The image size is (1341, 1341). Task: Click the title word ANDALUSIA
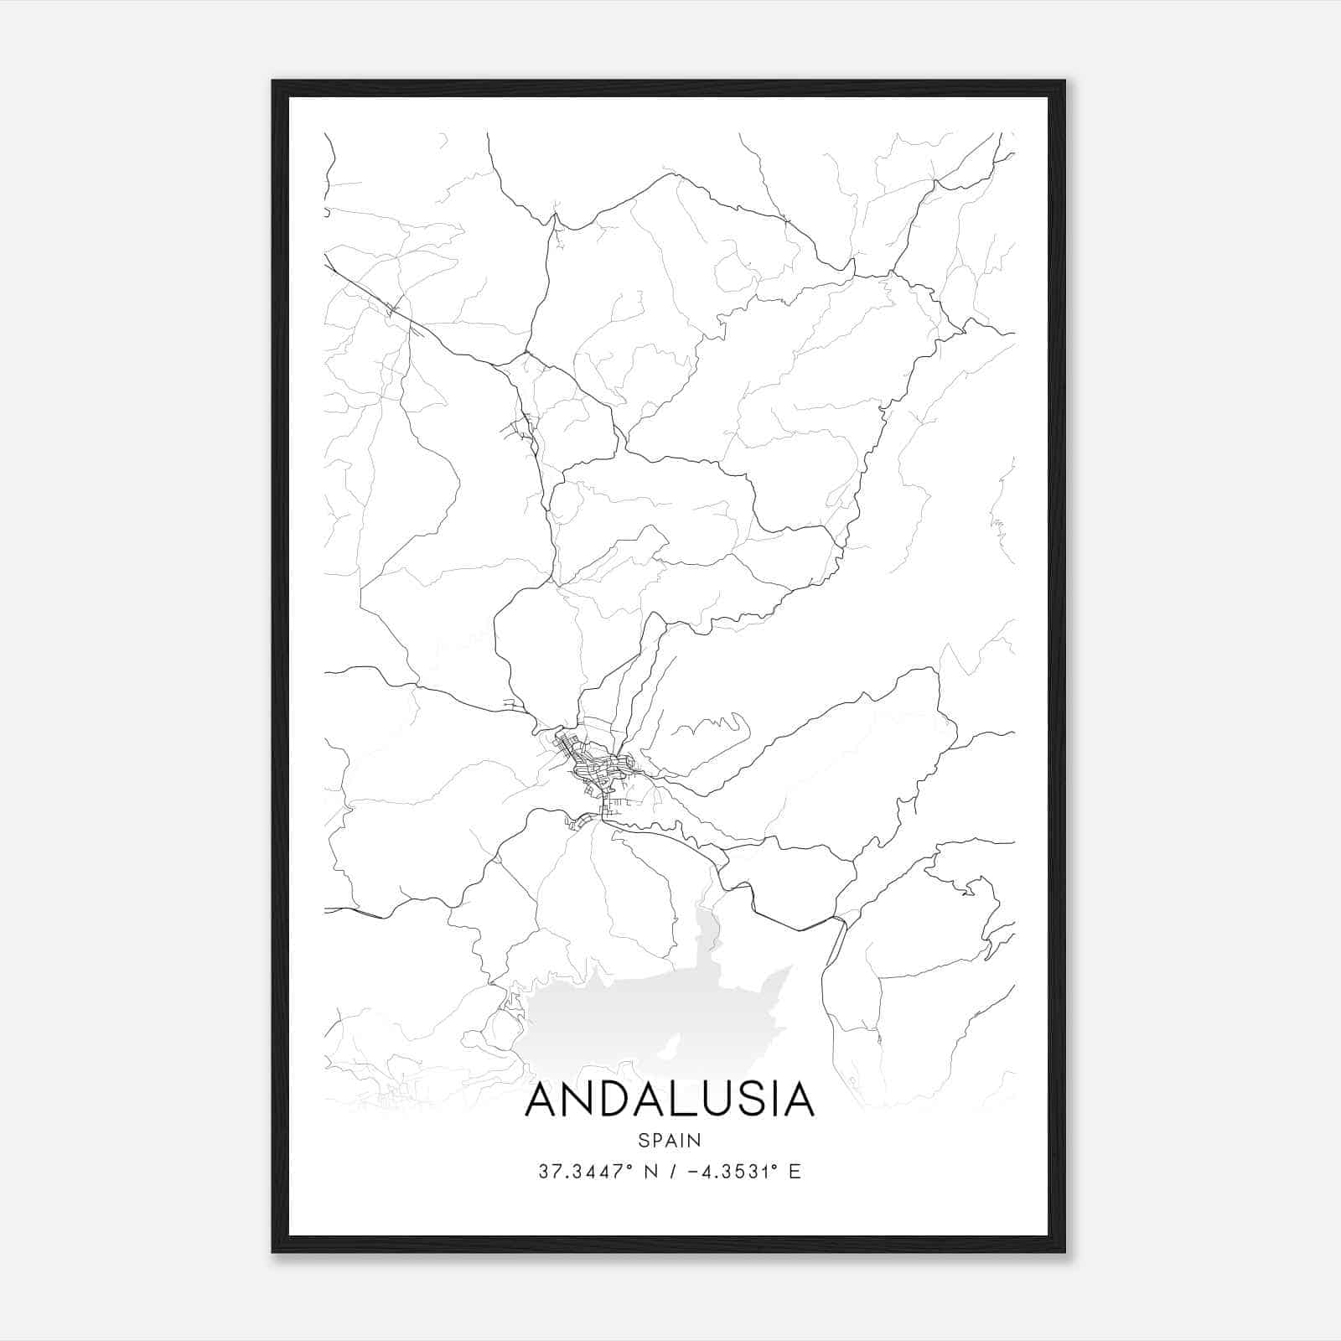tap(670, 1100)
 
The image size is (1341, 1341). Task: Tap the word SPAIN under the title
tap(670, 1140)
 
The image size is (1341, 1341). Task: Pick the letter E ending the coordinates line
tap(795, 1172)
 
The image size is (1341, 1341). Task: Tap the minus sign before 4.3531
tap(693, 1172)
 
